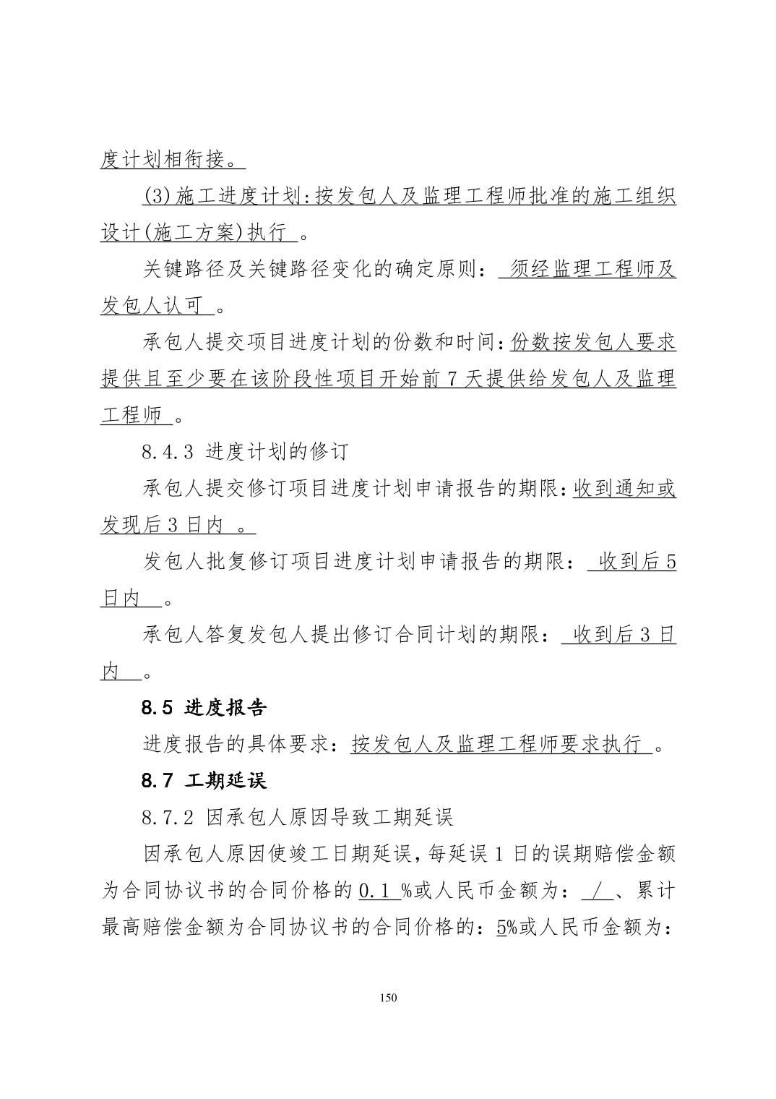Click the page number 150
tap(388, 998)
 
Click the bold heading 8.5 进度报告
tap(204, 708)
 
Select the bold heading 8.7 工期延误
tap(204, 781)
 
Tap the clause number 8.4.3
tap(168, 453)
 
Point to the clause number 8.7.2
tap(168, 818)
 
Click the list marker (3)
tap(157, 197)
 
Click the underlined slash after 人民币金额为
tap(598, 891)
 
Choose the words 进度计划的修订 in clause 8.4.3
tap(277, 453)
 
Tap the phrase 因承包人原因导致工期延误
tap(329, 818)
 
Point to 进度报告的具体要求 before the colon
tap(236, 745)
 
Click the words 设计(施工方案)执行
tap(193, 234)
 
